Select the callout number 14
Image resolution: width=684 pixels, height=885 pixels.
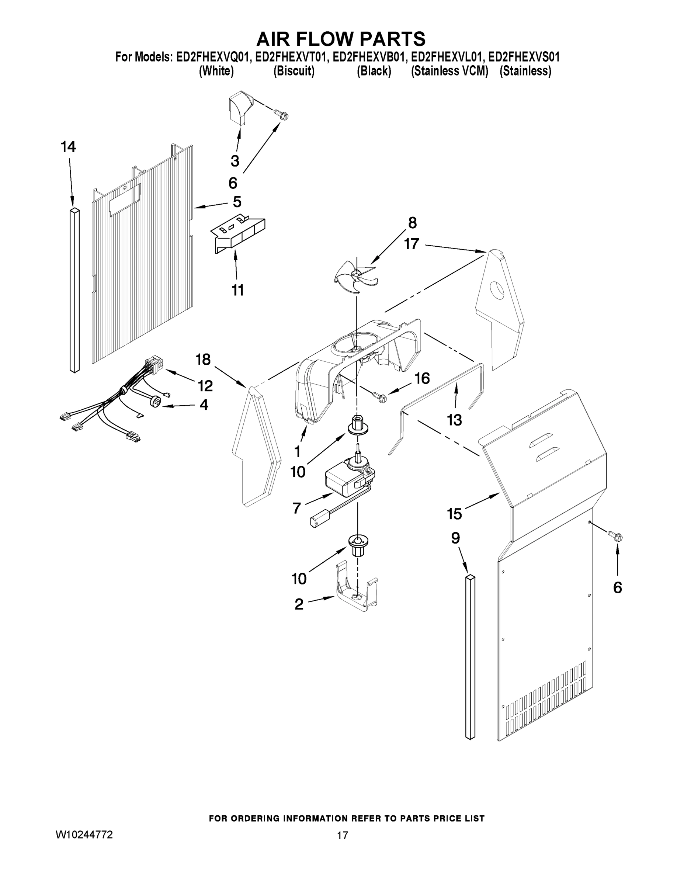[x=69, y=147]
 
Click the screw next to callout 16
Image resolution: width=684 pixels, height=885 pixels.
[x=380, y=397]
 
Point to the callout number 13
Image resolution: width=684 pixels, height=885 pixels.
[x=454, y=420]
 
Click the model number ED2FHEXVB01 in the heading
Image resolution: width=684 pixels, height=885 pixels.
[x=369, y=57]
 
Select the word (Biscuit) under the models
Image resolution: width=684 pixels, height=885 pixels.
[x=294, y=71]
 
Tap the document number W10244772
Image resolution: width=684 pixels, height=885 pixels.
[x=84, y=834]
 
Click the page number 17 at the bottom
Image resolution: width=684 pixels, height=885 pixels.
[x=343, y=835]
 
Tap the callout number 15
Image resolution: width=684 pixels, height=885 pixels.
[x=455, y=514]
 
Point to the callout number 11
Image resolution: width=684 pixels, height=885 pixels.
[x=238, y=290]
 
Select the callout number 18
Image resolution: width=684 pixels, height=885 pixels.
[x=204, y=359]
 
